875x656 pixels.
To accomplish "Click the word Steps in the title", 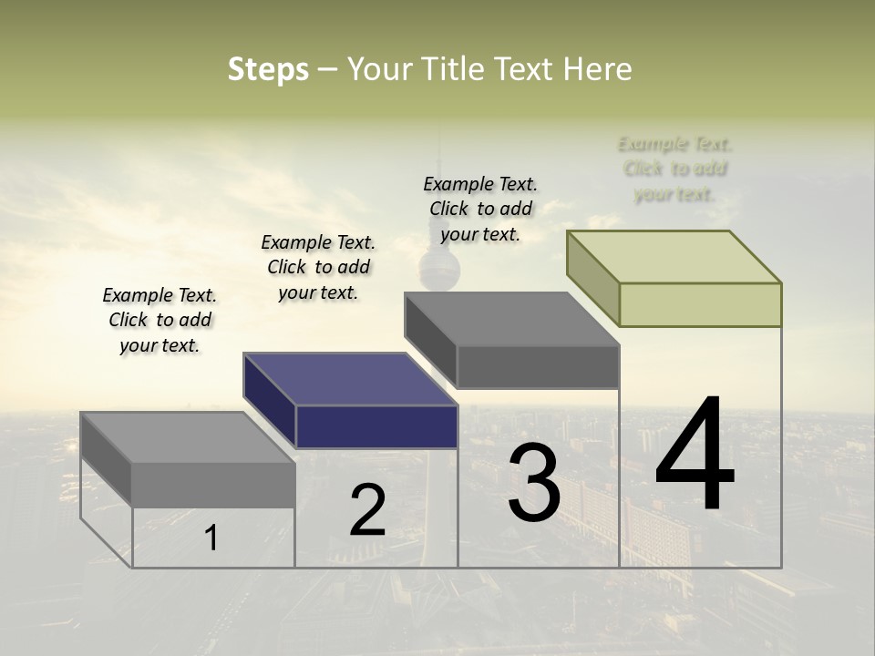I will click(x=268, y=69).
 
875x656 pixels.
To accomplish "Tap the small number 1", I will click(x=211, y=538).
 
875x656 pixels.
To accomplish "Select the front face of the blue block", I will click(x=376, y=426).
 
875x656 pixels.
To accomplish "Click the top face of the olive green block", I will click(x=674, y=256).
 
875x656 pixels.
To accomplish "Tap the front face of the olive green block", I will click(x=700, y=304).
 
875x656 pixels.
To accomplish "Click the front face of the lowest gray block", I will click(x=213, y=485).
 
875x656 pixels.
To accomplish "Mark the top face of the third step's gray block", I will click(x=511, y=319).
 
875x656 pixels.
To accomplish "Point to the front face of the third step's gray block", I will click(x=538, y=366).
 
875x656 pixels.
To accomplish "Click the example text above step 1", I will click(x=160, y=320).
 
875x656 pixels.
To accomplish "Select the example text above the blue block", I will click(x=318, y=267).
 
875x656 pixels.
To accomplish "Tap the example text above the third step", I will click(x=480, y=209).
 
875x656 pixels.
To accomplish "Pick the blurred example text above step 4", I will click(x=674, y=169).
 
